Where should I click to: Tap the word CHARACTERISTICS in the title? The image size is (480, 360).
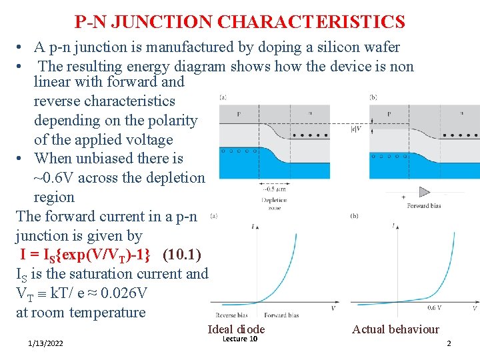point(311,22)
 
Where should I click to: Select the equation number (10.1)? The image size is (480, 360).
point(186,255)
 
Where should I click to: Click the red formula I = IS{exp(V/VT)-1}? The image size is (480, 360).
point(89,255)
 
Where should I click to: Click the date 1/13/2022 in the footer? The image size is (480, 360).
point(46,343)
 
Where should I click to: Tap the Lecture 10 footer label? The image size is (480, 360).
point(240,339)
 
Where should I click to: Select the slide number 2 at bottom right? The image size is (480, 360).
point(449,343)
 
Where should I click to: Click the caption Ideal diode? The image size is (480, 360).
point(236,329)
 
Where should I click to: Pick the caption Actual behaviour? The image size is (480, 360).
point(395,329)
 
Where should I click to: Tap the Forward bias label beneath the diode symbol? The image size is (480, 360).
point(424,206)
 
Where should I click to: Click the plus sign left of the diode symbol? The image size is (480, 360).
point(403,197)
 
